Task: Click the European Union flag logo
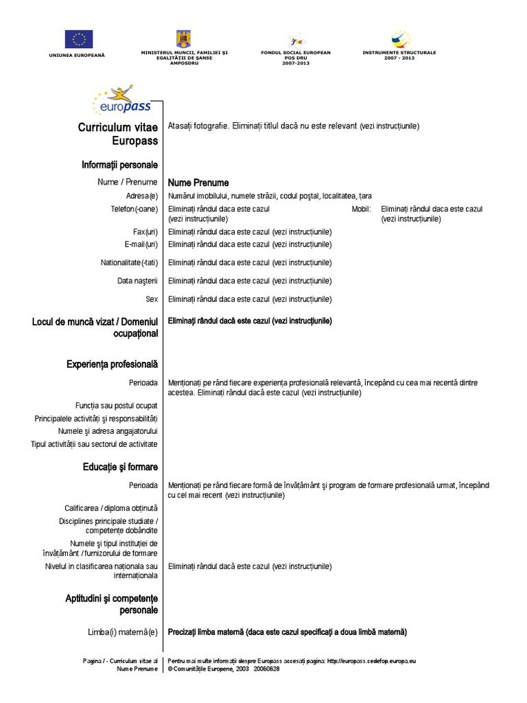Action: (80, 39)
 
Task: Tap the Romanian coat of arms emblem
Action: (184, 38)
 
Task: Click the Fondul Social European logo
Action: (296, 40)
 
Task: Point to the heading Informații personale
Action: (119, 165)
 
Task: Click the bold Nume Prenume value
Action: (198, 183)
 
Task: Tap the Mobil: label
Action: (361, 209)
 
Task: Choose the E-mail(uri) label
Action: (141, 244)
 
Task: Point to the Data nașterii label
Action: (137, 281)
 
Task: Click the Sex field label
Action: (152, 299)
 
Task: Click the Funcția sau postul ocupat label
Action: (117, 405)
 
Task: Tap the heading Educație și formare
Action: (119, 467)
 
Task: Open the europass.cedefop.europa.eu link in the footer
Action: (371, 660)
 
